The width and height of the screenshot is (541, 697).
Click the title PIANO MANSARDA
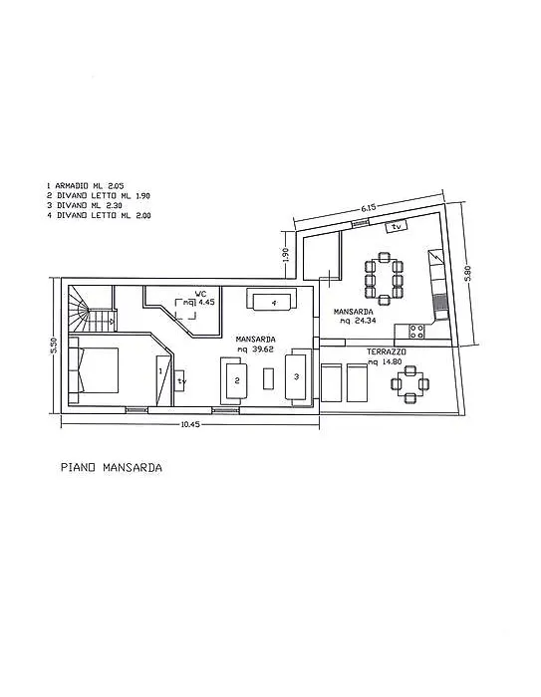click(x=112, y=468)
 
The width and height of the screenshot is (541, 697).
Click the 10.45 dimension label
click(x=190, y=424)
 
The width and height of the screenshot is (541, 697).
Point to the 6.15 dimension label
click(x=369, y=207)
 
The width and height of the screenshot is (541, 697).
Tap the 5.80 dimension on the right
click(x=466, y=273)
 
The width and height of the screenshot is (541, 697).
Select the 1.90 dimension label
click(x=286, y=254)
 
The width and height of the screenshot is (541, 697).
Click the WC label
click(x=200, y=294)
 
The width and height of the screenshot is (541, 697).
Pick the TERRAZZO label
click(x=387, y=351)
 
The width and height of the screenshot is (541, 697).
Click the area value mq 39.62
click(x=255, y=348)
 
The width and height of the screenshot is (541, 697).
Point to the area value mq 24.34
click(x=358, y=321)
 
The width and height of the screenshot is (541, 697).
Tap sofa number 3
click(x=297, y=376)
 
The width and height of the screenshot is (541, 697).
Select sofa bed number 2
click(x=235, y=380)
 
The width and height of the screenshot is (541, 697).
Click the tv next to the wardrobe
click(x=180, y=381)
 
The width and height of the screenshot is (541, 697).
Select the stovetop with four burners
click(x=416, y=332)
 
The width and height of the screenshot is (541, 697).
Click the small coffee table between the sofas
click(x=268, y=378)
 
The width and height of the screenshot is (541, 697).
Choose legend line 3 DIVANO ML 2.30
click(x=84, y=205)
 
